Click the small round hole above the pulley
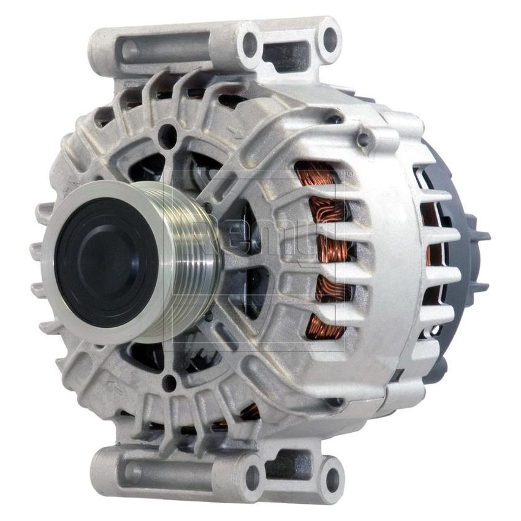tap(167, 137)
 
